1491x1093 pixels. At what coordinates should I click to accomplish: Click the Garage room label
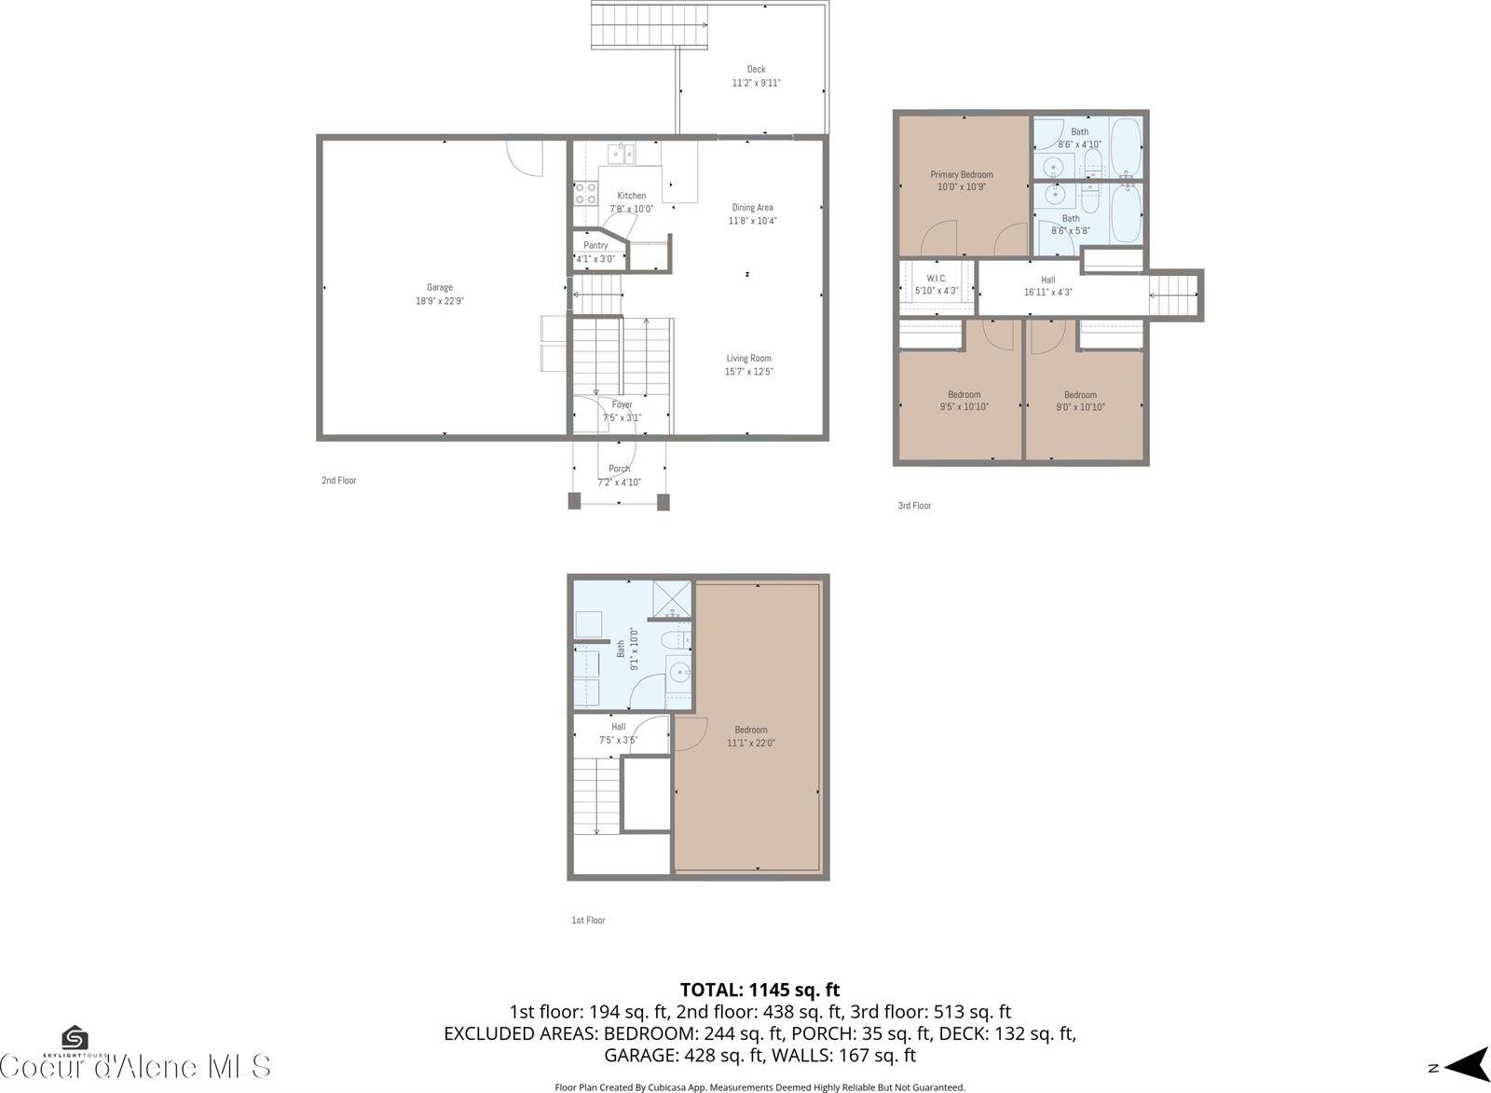click(440, 288)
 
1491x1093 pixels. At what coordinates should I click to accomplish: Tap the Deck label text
click(756, 69)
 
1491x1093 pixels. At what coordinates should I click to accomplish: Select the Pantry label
click(595, 246)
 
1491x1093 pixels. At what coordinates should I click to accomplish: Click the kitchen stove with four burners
click(585, 193)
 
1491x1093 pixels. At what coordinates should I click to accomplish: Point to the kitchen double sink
click(622, 154)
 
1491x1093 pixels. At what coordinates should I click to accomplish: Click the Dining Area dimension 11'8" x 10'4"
click(752, 221)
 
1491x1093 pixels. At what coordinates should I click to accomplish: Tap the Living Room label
click(749, 358)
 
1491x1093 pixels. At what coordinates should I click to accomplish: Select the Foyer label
click(622, 404)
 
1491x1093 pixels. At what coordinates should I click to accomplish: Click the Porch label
click(620, 469)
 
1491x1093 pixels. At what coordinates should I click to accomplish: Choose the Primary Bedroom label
click(962, 174)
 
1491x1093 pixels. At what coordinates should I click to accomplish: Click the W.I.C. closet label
click(937, 279)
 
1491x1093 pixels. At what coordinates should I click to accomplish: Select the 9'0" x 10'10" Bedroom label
click(1080, 401)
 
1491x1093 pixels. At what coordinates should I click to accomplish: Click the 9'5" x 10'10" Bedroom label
click(964, 401)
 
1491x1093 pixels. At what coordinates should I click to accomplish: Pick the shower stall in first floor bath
click(671, 599)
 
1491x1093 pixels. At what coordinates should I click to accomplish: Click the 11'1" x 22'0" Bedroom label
click(751, 736)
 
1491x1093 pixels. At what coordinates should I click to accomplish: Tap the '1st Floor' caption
click(588, 920)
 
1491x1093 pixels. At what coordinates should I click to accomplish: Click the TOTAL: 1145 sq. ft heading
click(759, 990)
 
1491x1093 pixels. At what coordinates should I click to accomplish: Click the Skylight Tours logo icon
click(75, 1039)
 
